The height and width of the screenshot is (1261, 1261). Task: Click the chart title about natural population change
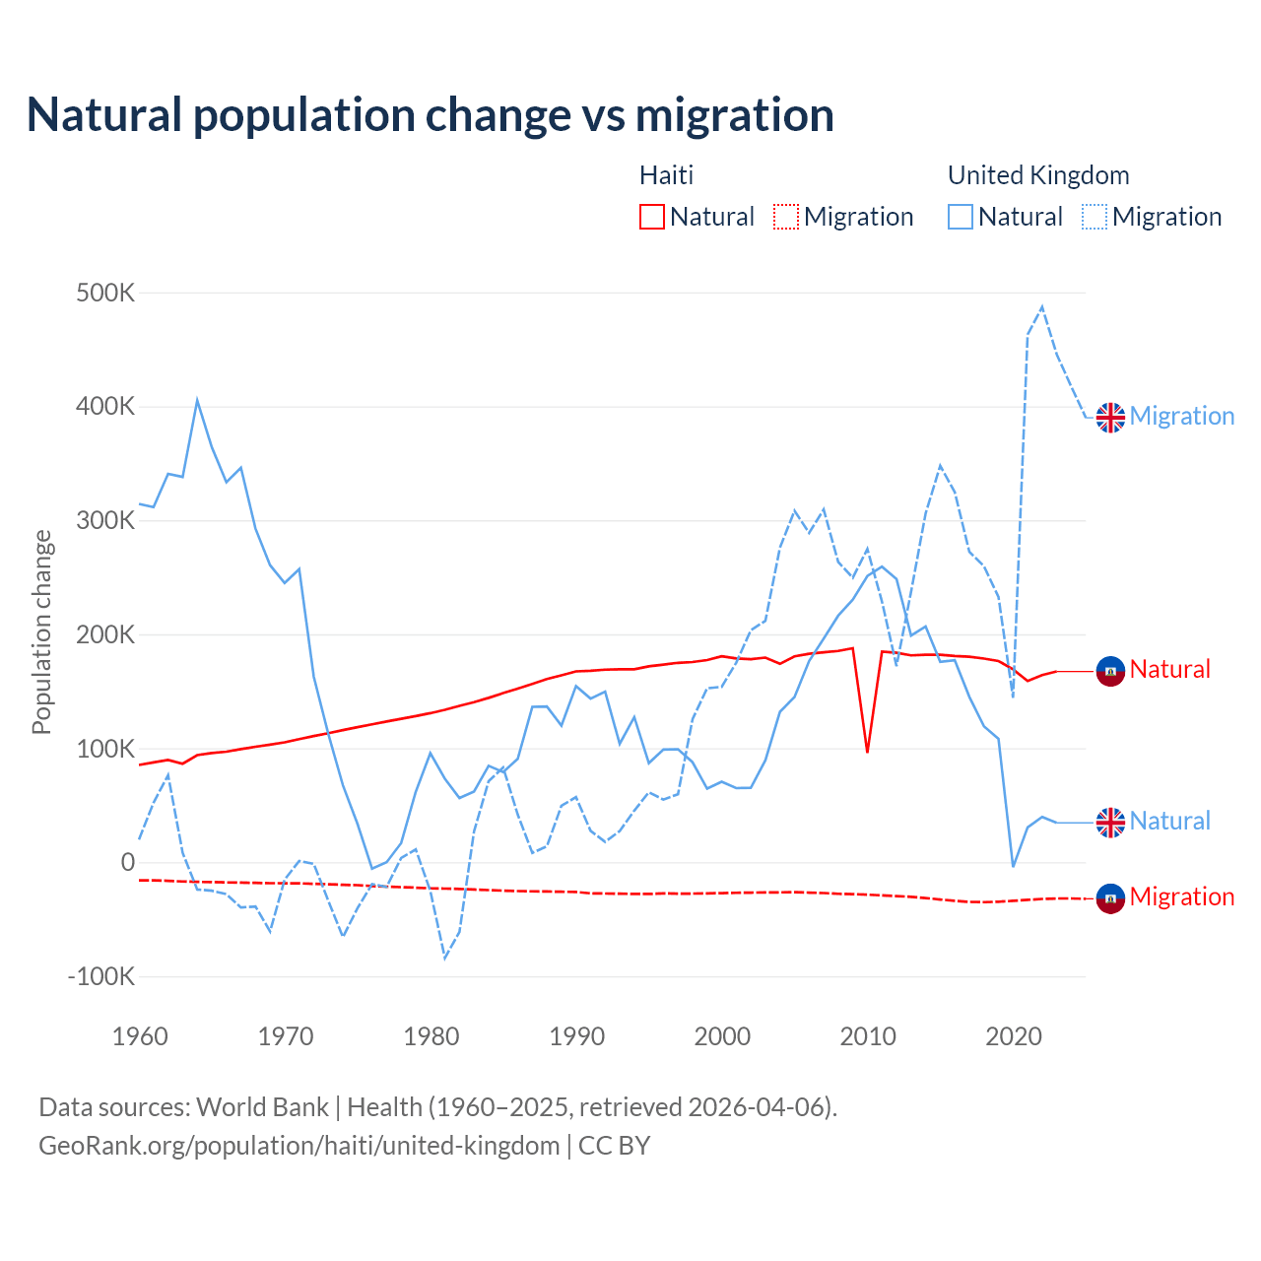(x=431, y=115)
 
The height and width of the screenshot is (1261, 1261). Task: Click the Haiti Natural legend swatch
(x=652, y=217)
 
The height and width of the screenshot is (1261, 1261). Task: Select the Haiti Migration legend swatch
(x=786, y=217)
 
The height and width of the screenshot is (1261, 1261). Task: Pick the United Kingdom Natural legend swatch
(x=961, y=217)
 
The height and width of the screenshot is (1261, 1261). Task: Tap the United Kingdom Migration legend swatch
(x=1095, y=217)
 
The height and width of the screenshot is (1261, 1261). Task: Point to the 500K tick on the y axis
(x=105, y=294)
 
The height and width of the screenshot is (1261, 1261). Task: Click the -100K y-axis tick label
(x=100, y=977)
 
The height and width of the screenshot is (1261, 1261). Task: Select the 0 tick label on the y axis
(x=127, y=863)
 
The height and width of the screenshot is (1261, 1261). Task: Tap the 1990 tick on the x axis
(x=577, y=1036)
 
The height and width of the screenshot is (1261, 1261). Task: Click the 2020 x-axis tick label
(x=1014, y=1036)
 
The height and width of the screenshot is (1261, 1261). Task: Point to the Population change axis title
(x=41, y=632)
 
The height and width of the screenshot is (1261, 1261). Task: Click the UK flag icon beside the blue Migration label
(x=1110, y=417)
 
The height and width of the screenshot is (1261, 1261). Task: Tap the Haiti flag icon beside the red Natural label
(x=1110, y=671)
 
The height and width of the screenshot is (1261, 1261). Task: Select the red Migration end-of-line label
(x=1181, y=896)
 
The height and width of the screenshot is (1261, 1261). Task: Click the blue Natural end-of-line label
(x=1169, y=821)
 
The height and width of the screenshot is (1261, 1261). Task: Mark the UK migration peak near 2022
(x=1042, y=307)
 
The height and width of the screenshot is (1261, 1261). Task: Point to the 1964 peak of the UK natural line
(x=197, y=400)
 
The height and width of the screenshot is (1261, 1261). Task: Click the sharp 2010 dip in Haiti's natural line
(x=867, y=752)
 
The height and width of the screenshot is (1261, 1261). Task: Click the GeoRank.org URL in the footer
(x=299, y=1146)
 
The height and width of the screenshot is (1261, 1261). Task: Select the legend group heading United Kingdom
(x=1038, y=175)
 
